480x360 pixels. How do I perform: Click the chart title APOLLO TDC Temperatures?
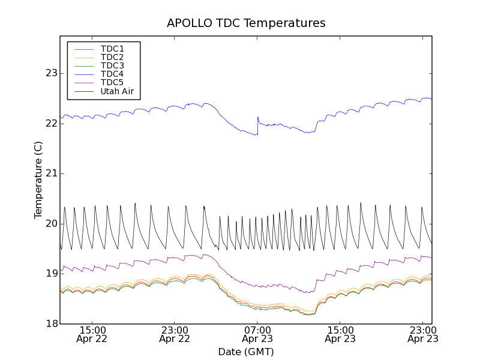tap(246, 23)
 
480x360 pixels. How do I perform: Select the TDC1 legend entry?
tap(112, 49)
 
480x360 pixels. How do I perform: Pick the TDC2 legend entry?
tap(112, 57)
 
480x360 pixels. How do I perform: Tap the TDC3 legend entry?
tap(112, 65)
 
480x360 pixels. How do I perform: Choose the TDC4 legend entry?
tap(112, 74)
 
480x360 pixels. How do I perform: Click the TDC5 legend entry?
tap(112, 82)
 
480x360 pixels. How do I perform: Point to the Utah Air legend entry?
tap(117, 91)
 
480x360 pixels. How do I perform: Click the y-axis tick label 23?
tap(51, 73)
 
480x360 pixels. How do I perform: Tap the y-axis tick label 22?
tap(51, 124)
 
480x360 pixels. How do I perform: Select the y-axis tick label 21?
tap(51, 173)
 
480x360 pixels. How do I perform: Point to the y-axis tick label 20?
tap(51, 224)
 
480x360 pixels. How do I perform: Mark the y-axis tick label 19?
tap(51, 274)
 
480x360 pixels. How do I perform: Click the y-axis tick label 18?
tap(51, 324)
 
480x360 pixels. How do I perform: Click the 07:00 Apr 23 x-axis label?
tap(257, 334)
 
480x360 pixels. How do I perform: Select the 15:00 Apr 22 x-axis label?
tap(92, 334)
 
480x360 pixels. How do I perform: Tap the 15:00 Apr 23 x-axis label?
tap(340, 334)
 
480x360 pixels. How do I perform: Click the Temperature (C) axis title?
tap(38, 180)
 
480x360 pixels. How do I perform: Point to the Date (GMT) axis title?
tap(246, 352)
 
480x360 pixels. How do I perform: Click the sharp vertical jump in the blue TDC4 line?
tap(257, 125)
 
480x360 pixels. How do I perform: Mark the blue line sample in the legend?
tap(83, 74)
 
